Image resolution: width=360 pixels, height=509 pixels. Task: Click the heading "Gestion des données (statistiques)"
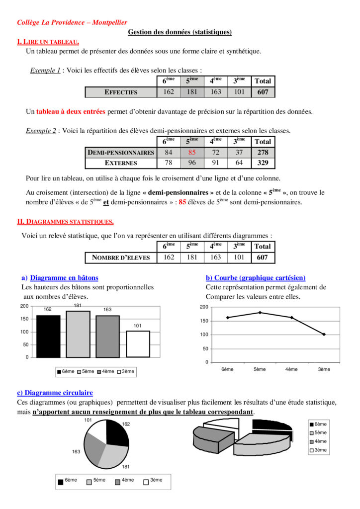click(180, 32)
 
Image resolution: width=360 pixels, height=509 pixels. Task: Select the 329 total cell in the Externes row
click(263, 163)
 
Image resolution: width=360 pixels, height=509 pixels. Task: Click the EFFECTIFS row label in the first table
click(121, 92)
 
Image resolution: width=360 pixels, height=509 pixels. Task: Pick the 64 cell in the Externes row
click(239, 163)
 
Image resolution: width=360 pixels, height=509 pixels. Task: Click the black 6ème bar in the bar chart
click(48, 336)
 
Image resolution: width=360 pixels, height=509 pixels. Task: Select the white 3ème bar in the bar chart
click(138, 343)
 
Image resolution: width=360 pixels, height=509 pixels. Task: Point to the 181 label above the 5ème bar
click(78, 305)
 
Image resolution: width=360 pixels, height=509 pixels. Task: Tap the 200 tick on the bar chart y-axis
click(24, 306)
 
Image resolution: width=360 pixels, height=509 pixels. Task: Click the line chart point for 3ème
click(324, 335)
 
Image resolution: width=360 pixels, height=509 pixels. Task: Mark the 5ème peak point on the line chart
click(260, 313)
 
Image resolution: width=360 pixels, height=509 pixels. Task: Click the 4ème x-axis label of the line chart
click(292, 369)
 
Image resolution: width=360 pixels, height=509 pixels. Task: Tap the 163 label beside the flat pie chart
click(76, 452)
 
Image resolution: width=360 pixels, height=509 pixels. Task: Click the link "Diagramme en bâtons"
click(64, 278)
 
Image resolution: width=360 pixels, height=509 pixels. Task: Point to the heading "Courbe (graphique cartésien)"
click(256, 278)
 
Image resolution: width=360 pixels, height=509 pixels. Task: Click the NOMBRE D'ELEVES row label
click(121, 257)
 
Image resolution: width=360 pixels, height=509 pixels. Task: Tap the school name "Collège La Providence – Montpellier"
click(72, 22)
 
